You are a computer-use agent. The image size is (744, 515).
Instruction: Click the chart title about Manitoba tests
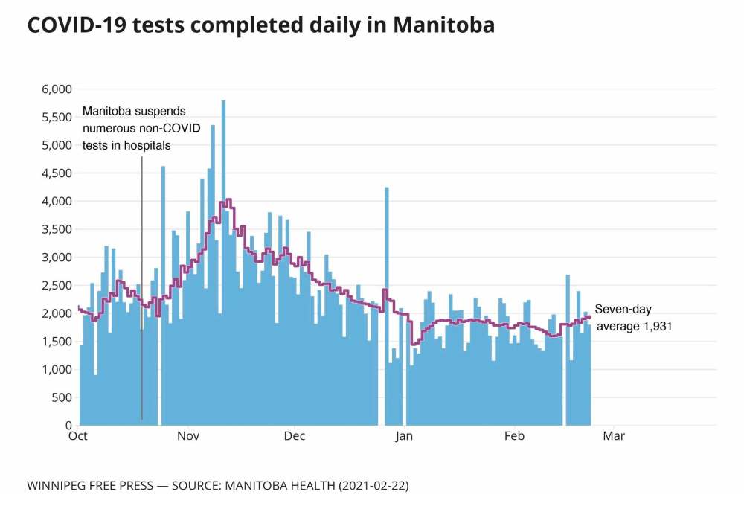point(260,25)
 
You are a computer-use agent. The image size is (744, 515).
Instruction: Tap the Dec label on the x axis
point(295,437)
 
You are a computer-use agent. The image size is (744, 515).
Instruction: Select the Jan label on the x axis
point(404,437)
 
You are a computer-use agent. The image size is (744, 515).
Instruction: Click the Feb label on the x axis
point(515,437)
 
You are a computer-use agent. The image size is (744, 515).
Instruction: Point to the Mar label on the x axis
point(614,437)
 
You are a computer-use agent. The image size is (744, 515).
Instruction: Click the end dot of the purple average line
point(589,317)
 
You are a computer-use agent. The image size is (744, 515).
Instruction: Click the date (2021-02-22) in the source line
point(373,486)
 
